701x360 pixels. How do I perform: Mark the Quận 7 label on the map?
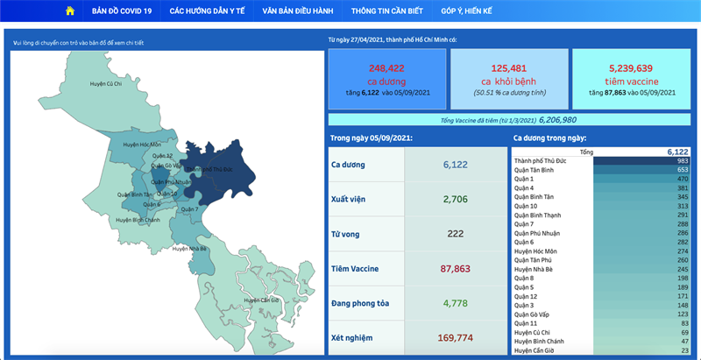[191, 209]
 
